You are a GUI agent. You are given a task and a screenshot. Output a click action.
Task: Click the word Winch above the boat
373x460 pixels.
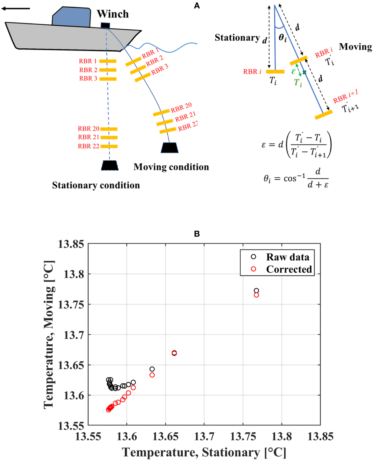(113, 14)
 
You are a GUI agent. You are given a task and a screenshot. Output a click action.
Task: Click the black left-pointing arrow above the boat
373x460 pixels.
(16, 9)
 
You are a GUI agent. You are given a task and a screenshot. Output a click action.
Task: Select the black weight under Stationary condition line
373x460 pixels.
(109, 165)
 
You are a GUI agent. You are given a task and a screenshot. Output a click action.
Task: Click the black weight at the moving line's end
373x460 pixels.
(169, 147)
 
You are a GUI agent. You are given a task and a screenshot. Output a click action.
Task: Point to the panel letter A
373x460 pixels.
(197, 5)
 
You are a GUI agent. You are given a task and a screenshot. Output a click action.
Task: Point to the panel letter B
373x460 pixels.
(197, 234)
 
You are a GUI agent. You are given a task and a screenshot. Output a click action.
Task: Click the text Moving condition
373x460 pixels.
(171, 167)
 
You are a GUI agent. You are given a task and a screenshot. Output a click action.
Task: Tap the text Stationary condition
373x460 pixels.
(96, 185)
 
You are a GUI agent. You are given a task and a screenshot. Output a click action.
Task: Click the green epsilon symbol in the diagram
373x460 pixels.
(293, 71)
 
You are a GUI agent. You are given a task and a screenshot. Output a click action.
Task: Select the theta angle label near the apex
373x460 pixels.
(283, 38)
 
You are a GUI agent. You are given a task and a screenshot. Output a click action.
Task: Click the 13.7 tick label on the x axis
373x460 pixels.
(204, 436)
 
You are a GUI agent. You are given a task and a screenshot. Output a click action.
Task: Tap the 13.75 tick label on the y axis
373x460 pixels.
(71, 304)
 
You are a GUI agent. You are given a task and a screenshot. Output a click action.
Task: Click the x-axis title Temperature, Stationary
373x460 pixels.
(204, 452)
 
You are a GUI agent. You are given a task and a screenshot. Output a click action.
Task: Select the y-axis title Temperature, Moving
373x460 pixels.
(49, 334)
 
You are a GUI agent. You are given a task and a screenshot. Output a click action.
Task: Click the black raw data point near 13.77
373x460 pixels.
(256, 291)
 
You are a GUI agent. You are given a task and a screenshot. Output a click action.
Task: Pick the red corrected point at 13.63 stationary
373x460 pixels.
(152, 375)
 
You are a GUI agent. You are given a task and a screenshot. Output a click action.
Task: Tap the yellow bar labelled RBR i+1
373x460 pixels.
(324, 115)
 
